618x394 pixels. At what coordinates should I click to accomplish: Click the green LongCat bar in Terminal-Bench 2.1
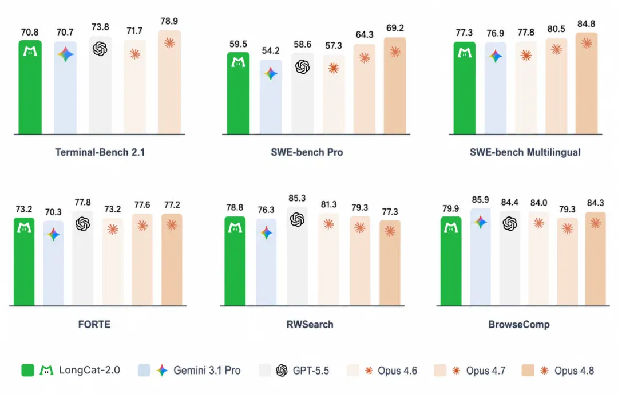tap(30, 87)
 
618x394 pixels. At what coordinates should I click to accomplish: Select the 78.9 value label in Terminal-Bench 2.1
tap(169, 21)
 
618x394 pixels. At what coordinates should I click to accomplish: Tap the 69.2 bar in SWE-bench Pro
tap(395, 86)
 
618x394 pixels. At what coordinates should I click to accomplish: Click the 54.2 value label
tap(270, 50)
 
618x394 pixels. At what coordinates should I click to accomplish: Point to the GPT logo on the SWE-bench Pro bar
tap(302, 67)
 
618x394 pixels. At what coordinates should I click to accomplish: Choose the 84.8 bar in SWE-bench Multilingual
tap(587, 84)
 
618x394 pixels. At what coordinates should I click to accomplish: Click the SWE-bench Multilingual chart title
tap(525, 152)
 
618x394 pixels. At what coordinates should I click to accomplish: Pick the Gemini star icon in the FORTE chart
tap(53, 235)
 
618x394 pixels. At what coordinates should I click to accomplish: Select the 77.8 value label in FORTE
tap(83, 202)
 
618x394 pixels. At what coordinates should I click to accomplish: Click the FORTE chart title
tap(94, 324)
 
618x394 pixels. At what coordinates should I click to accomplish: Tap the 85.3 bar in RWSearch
tap(297, 257)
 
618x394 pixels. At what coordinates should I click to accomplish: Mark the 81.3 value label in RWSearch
tap(328, 204)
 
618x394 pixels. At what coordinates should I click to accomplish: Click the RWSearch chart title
tap(310, 324)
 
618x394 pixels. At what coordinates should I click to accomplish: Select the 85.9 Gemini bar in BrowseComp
tap(481, 257)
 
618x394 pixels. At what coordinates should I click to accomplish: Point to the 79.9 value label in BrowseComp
tap(450, 208)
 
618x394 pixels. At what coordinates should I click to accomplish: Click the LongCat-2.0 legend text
tap(89, 371)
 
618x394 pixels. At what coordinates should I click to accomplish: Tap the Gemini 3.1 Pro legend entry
tap(189, 371)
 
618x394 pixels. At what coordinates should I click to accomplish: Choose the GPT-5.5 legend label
tap(311, 371)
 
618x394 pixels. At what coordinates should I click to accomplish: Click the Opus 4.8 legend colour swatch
tap(528, 371)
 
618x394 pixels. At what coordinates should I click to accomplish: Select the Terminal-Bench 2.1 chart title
tap(100, 152)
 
